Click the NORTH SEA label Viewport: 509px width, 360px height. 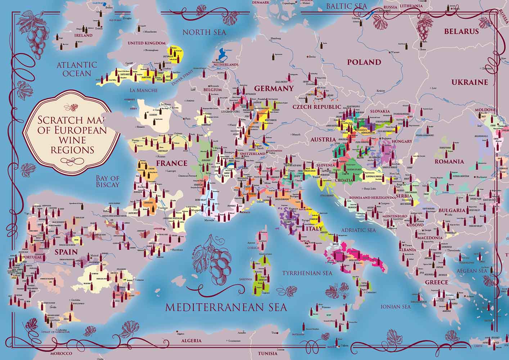point(204,32)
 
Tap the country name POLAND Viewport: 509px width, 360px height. point(364,62)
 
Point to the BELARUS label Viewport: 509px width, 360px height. point(461,31)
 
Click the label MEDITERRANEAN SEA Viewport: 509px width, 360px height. point(226,307)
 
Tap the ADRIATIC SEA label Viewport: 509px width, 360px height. point(359,230)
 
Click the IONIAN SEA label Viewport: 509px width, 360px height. point(396,307)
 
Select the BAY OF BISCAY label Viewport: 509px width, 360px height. point(107,181)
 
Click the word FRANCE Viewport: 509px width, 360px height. point(172,163)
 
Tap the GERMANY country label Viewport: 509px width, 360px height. point(274,89)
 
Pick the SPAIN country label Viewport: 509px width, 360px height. point(66,252)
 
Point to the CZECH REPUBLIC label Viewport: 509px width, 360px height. point(316,107)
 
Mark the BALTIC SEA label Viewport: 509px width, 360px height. point(346,6)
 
